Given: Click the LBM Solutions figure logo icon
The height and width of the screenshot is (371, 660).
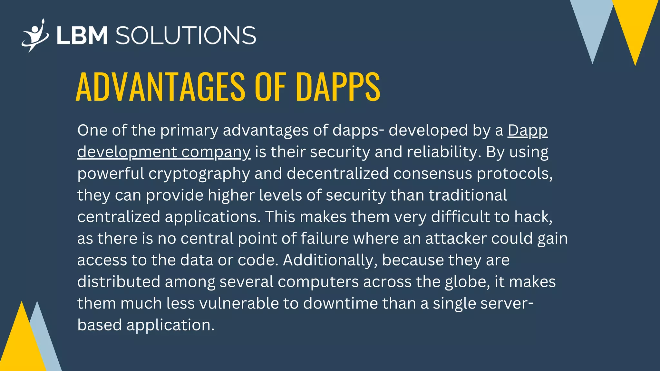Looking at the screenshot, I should pos(35,35).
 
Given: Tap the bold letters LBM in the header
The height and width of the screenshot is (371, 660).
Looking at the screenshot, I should pos(82,35).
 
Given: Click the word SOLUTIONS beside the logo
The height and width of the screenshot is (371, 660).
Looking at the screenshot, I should pos(186,35).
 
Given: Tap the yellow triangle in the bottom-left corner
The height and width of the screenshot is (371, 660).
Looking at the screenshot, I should pos(21,345).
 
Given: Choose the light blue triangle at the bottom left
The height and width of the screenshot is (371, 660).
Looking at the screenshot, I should pos(45,341).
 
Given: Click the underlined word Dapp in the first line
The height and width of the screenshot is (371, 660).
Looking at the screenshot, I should pos(528,131).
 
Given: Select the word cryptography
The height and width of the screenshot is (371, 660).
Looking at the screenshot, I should pos(199,174).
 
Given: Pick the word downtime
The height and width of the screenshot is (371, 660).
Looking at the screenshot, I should pos(340,303).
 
